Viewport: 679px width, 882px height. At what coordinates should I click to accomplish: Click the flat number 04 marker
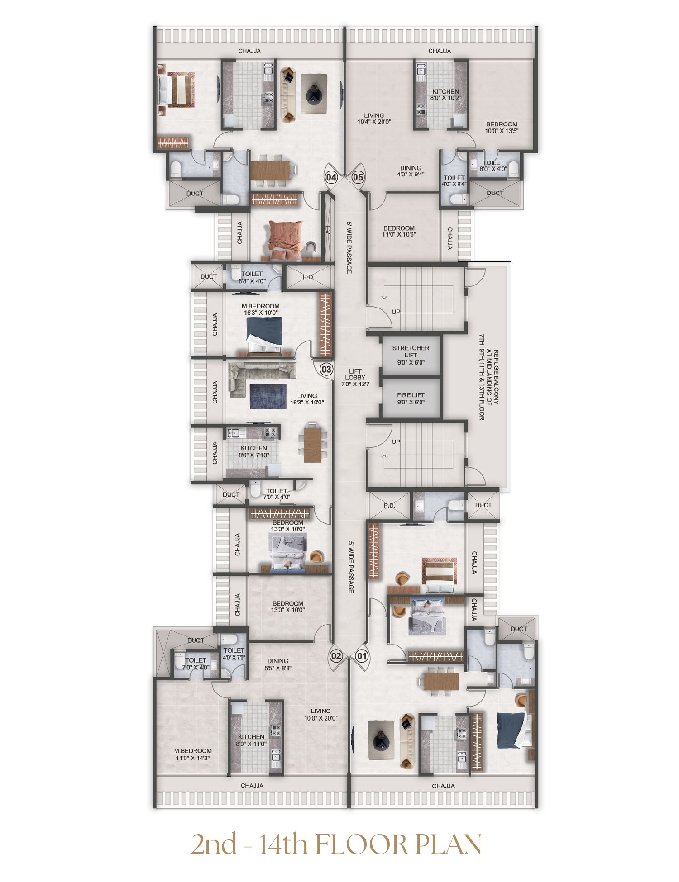331,177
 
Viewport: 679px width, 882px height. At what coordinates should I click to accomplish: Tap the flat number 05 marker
358,177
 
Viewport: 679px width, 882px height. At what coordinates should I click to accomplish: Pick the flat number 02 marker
336,656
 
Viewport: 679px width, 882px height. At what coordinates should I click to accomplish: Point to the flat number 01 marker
362,656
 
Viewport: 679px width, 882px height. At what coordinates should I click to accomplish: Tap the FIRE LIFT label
411,398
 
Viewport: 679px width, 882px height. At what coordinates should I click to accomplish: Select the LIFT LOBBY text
355,378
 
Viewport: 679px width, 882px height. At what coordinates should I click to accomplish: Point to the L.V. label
327,231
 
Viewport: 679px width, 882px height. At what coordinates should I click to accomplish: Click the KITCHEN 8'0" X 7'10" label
254,451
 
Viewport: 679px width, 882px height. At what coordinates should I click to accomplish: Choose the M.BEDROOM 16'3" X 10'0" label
260,309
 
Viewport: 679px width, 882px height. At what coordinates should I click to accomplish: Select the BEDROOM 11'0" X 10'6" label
399,231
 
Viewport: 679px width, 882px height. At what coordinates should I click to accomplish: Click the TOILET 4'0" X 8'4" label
454,181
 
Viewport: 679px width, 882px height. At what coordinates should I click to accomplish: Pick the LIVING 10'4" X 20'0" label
374,119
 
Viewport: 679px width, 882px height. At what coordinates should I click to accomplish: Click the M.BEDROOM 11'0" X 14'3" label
193,754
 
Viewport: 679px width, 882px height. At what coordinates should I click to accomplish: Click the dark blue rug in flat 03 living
268,396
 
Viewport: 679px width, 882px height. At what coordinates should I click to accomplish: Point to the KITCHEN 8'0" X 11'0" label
251,740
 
